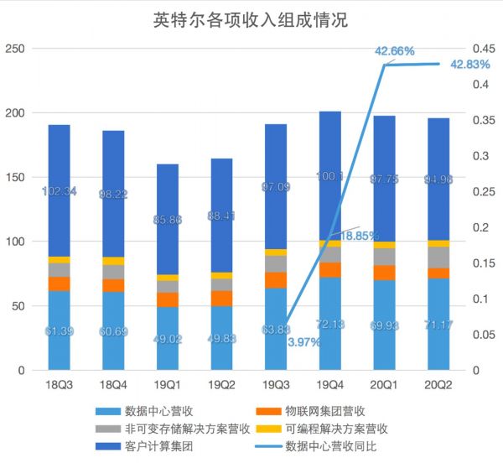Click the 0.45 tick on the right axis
[x=485, y=49]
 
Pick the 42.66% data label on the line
[x=395, y=51]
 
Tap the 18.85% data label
[x=360, y=236]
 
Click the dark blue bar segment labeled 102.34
[x=59, y=190]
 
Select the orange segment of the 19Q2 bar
[x=221, y=299]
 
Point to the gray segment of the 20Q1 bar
[x=384, y=257]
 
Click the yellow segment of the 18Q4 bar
[x=113, y=261]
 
